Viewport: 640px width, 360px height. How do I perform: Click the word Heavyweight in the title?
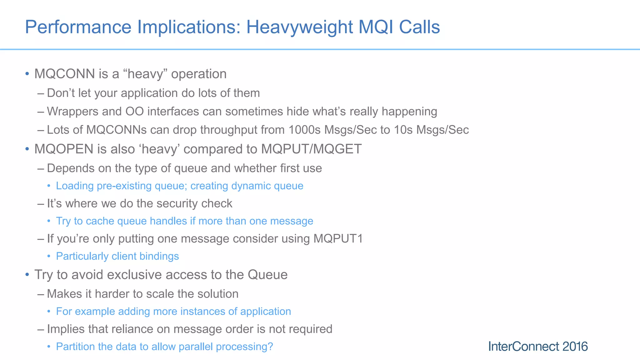[299, 27]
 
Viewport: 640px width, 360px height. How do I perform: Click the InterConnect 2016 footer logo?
[538, 347]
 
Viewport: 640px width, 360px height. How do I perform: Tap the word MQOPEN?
[64, 149]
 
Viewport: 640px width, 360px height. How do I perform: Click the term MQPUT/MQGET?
[311, 149]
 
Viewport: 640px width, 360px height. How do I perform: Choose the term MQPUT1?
[338, 239]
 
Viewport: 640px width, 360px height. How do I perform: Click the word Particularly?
[82, 257]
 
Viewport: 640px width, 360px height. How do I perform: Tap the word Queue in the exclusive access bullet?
[267, 275]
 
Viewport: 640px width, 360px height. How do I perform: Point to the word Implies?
[66, 329]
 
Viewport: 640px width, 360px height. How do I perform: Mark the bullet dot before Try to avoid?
[27, 275]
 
